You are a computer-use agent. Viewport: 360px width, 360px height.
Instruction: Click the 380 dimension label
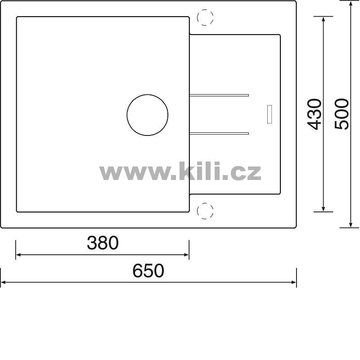pyautogui.click(x=103, y=243)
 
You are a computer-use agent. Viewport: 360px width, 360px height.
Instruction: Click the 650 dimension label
pyautogui.click(x=148, y=271)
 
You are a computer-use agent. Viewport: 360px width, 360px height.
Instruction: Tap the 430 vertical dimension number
pyautogui.click(x=314, y=114)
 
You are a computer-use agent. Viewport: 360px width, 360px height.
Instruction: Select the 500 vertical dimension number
pyautogui.click(x=342, y=114)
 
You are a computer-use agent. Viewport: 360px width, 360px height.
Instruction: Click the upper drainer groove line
pyautogui.click(x=219, y=95)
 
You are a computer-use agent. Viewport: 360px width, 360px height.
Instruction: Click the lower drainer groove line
pyautogui.click(x=219, y=133)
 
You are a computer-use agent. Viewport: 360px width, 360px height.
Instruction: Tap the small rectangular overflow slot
pyautogui.click(x=270, y=114)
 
